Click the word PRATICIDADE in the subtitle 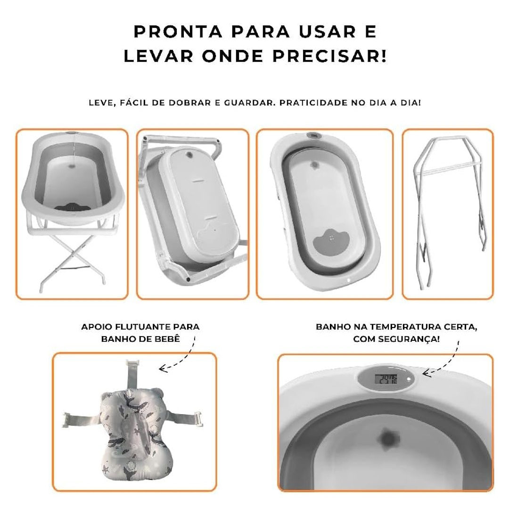pos(313,103)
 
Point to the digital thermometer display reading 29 pos(386,379)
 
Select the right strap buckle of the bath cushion pos(197,419)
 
